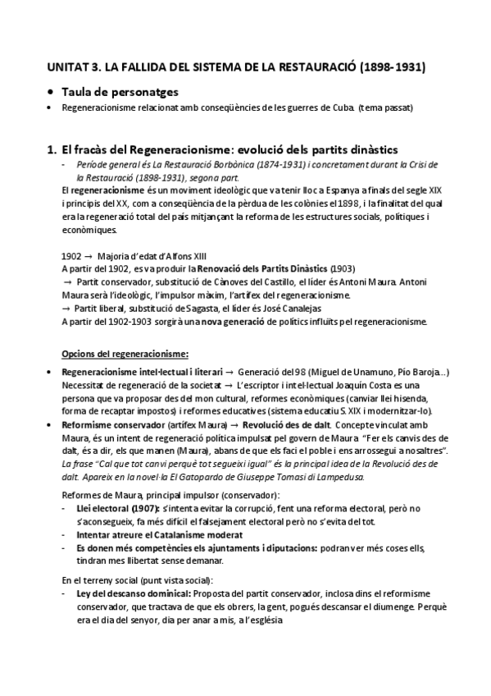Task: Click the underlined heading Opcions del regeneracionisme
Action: point(125,355)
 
